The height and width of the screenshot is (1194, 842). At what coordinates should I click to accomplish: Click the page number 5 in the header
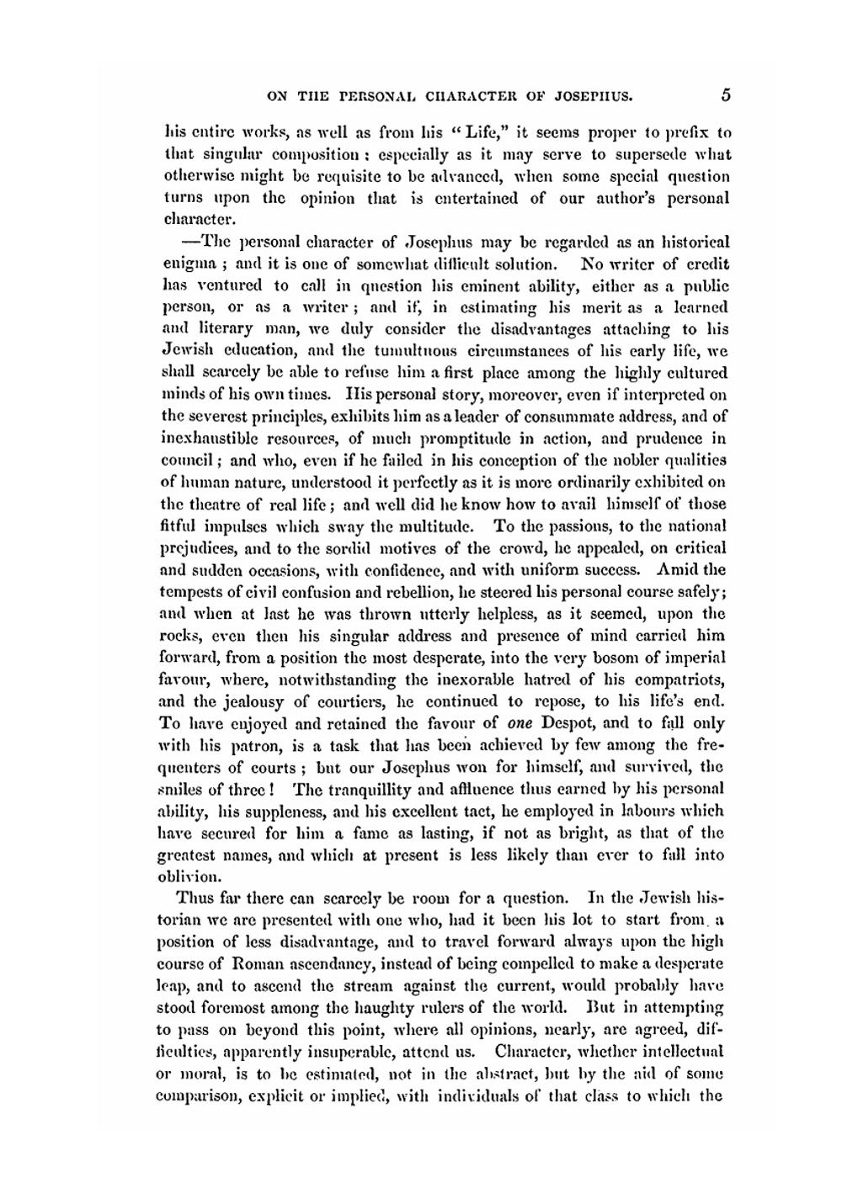click(x=725, y=94)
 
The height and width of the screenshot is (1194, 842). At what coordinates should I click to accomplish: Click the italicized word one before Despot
click(x=521, y=723)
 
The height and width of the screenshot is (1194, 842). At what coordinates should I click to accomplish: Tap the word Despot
click(x=573, y=723)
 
